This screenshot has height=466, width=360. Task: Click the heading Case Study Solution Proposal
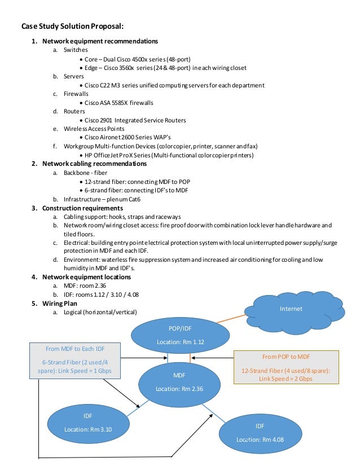point(72,26)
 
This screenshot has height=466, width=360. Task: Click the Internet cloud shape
point(291,309)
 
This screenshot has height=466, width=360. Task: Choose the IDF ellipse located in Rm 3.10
point(88,422)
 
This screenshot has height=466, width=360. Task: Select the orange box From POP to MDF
point(286,367)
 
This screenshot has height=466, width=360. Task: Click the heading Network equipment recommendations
point(100,41)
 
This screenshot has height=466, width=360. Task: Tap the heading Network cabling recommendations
point(94,164)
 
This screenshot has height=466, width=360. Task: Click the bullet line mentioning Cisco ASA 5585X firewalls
point(118,103)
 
